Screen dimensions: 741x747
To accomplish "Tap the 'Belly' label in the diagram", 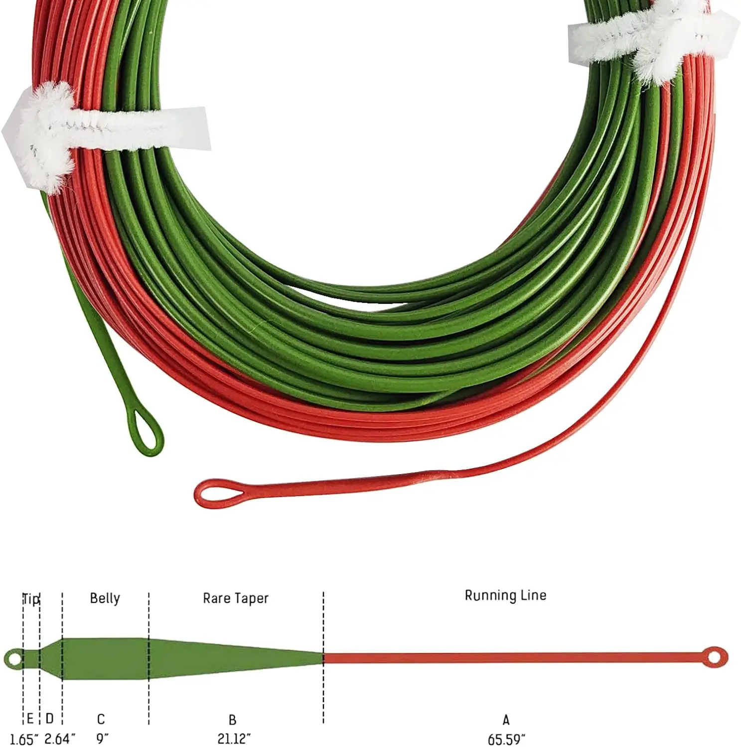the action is pyautogui.click(x=105, y=598).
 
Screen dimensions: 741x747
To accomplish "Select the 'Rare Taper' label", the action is pyautogui.click(x=236, y=598).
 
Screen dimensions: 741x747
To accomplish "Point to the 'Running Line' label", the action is pyautogui.click(x=505, y=595).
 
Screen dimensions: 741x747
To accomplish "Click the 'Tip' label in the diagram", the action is pyautogui.click(x=31, y=599).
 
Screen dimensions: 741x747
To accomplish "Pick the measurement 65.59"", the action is pyautogui.click(x=507, y=739).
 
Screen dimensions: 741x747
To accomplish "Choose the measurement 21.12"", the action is pyautogui.click(x=234, y=738).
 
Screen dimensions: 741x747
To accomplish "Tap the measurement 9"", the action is pyautogui.click(x=102, y=738).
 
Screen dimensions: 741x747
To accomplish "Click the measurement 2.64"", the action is pyautogui.click(x=60, y=739).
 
